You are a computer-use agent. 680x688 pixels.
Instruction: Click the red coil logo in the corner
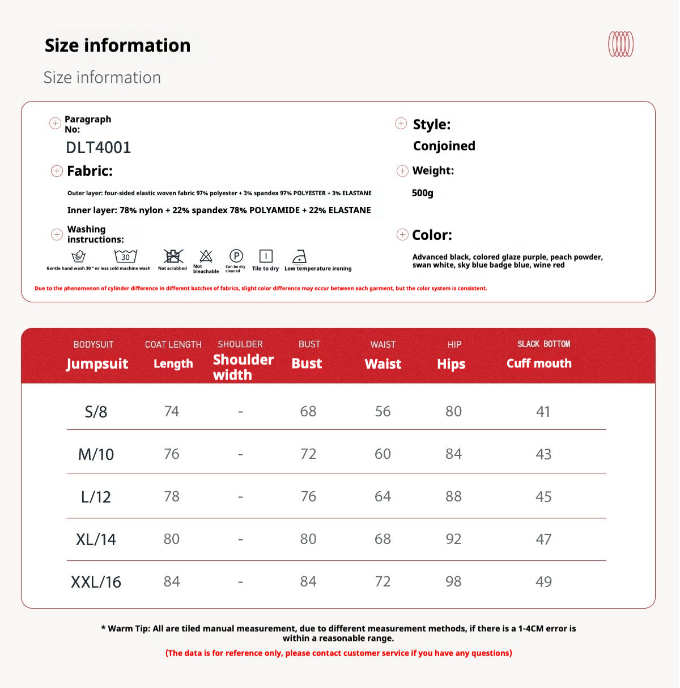620,44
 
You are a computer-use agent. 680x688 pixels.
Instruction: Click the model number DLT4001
99,147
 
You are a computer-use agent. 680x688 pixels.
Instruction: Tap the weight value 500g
423,193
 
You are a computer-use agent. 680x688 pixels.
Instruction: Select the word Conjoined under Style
444,146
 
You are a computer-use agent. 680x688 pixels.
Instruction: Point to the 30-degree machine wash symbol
125,256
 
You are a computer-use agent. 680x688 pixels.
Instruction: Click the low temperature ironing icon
299,257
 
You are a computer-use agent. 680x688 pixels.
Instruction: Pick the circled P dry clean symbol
236,256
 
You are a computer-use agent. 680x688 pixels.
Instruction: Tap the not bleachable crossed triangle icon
206,256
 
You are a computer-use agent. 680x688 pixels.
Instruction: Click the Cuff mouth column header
539,363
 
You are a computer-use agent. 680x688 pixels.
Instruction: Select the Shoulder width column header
243,366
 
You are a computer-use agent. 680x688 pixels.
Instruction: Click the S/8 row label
96,411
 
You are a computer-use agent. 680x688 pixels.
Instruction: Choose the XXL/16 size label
96,582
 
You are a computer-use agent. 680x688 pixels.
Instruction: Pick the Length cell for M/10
172,454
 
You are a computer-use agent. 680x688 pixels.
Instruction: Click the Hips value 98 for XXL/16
453,581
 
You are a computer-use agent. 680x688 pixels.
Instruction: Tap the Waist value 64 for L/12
382,496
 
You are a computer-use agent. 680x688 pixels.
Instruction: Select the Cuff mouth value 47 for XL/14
543,539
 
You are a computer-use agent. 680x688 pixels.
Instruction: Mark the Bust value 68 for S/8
308,411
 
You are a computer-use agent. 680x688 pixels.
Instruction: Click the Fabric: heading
90,171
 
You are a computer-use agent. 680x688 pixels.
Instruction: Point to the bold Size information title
117,45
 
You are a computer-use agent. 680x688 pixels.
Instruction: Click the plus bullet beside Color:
402,235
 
